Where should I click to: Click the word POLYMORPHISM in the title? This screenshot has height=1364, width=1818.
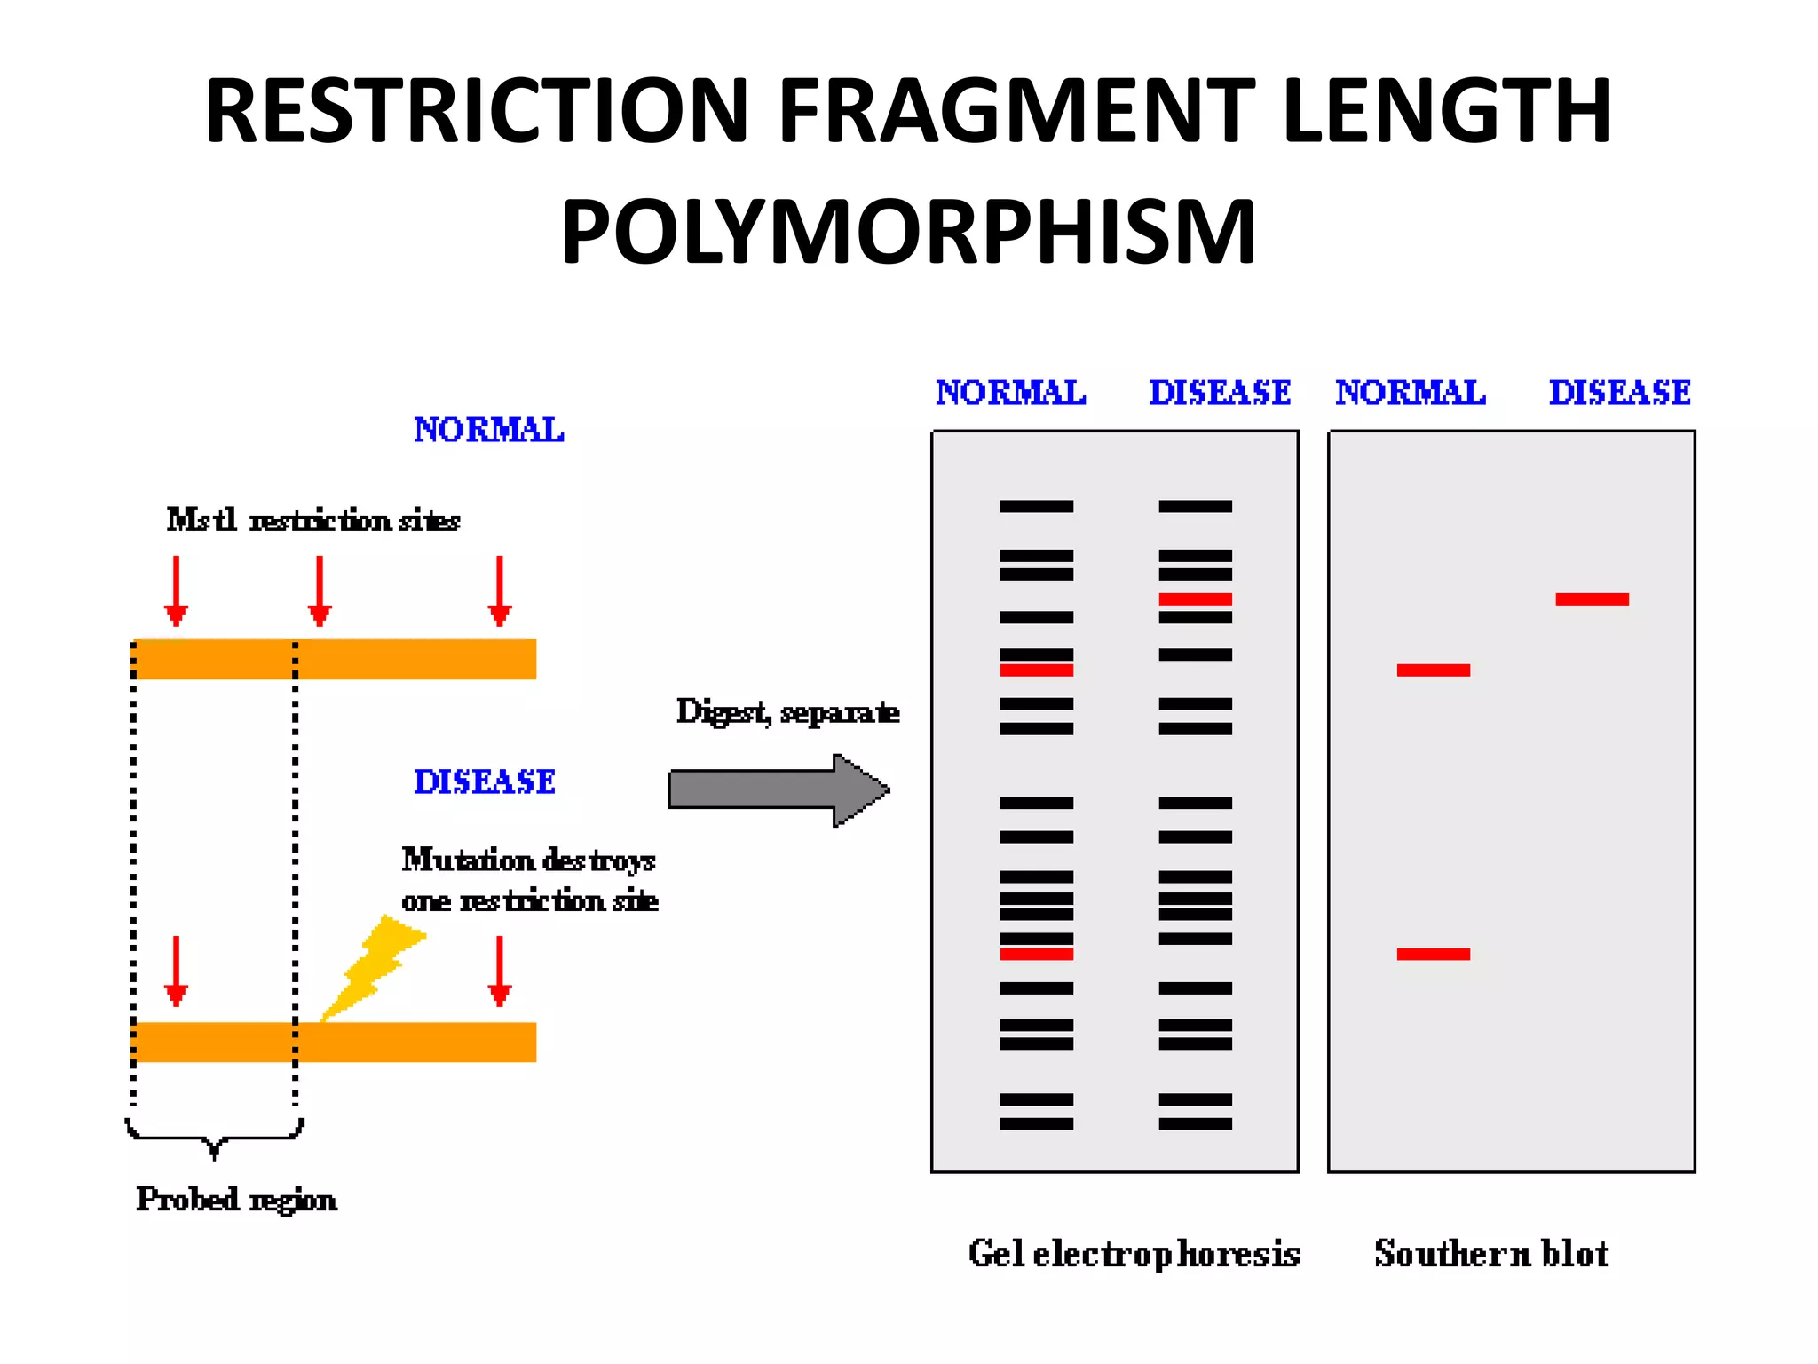(908, 233)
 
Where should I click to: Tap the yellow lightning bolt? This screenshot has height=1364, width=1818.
(373, 968)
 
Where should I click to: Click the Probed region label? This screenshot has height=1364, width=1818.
(236, 1200)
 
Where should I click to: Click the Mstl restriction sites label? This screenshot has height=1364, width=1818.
(313, 520)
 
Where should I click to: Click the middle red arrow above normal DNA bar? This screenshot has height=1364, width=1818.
(320, 591)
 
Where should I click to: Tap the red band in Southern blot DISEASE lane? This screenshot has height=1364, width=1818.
(1592, 599)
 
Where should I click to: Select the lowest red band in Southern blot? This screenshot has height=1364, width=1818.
(1433, 954)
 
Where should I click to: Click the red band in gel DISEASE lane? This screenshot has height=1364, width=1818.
(1195, 599)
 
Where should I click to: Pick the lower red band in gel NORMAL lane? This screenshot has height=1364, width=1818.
(1036, 954)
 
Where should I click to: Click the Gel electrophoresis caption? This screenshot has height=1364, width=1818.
(1134, 1254)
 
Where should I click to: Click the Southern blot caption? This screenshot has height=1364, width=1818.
(1491, 1254)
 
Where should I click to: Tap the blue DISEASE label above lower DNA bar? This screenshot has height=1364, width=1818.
(485, 781)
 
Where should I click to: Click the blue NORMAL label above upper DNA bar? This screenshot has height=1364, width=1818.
(488, 430)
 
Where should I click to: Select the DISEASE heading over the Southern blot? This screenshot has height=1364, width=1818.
(1619, 393)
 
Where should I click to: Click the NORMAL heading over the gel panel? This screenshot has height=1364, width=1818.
(1010, 393)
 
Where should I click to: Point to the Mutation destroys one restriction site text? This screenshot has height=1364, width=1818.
(529, 880)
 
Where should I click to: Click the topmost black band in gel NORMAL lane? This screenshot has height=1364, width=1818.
(1036, 506)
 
